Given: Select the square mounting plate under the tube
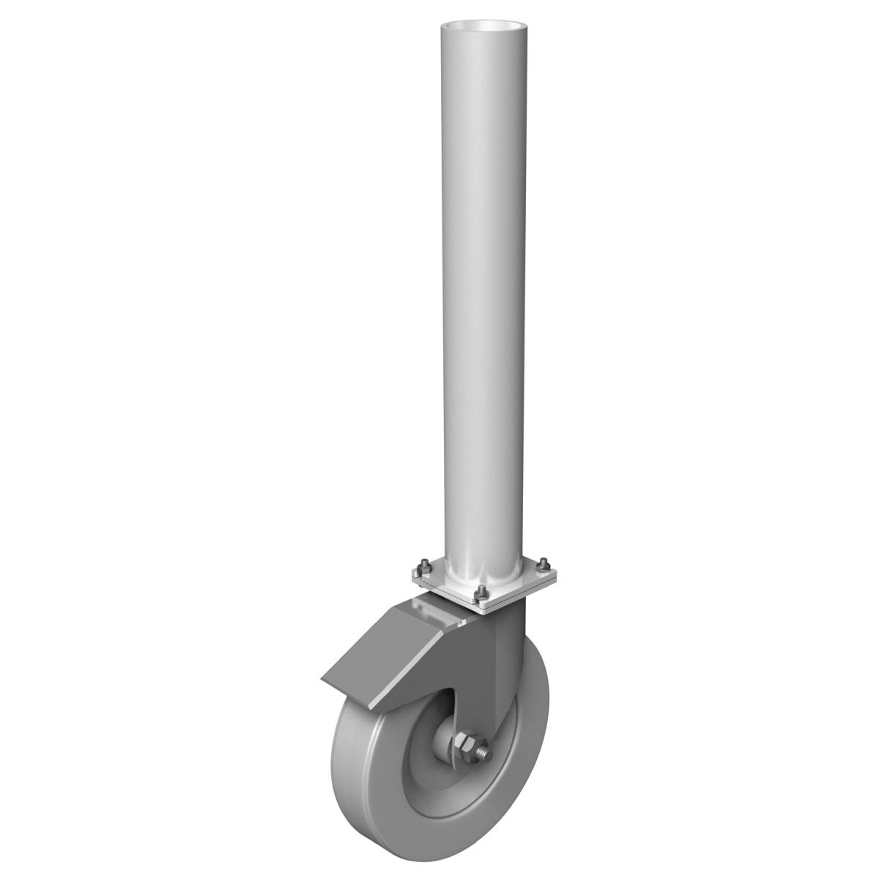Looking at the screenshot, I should (x=505, y=597).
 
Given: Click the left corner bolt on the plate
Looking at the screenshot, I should (x=426, y=568).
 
